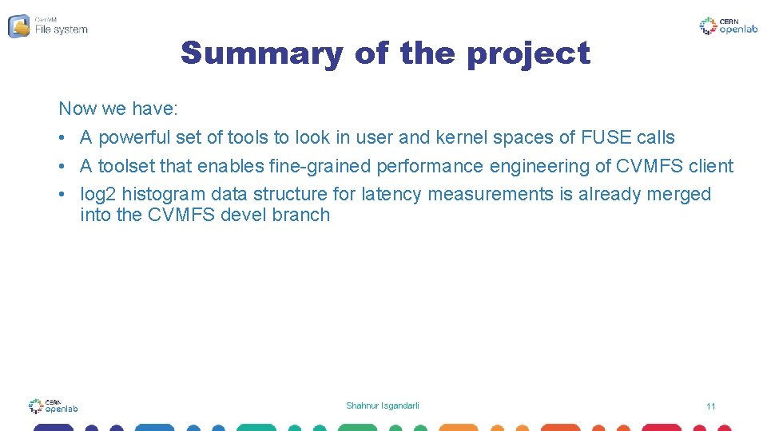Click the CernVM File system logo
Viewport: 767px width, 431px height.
click(x=48, y=26)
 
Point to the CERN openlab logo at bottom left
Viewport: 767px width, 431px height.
click(x=54, y=406)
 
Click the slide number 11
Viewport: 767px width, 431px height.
click(x=710, y=406)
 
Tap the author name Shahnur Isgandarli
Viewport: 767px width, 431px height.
click(x=383, y=405)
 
